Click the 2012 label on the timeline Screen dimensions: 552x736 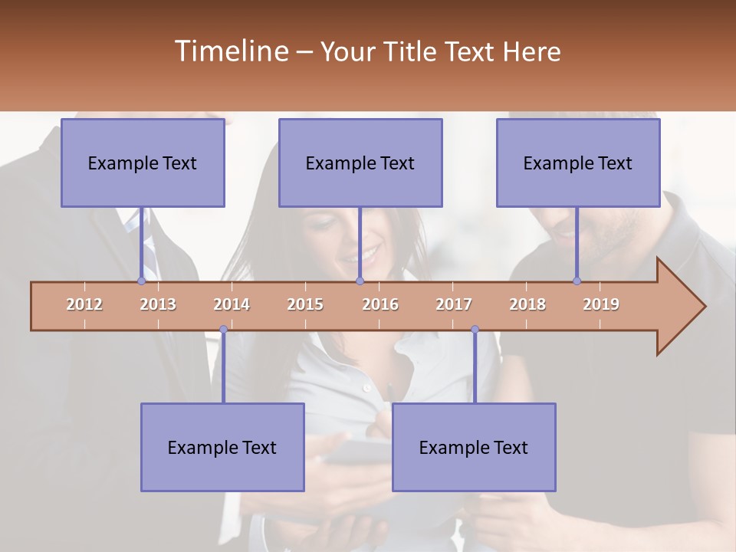point(84,304)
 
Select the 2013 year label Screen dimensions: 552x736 point(158,304)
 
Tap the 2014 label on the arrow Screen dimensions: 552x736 point(232,304)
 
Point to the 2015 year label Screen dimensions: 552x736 point(305,304)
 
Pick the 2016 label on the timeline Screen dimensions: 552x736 point(380,304)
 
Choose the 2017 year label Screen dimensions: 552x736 point(454,304)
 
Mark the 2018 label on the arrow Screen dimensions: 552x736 point(527,304)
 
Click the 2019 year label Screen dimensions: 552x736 point(601,304)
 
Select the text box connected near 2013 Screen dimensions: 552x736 point(143,163)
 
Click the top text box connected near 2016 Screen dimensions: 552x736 point(360,163)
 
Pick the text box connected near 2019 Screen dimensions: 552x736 point(578,163)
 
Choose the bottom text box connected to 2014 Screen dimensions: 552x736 point(222,447)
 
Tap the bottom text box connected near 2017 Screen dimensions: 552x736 point(474,447)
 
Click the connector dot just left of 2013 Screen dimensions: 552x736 point(141,281)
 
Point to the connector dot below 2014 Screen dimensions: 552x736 point(223,330)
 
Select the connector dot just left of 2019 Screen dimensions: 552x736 point(577,281)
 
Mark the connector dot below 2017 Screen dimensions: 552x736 point(475,330)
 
